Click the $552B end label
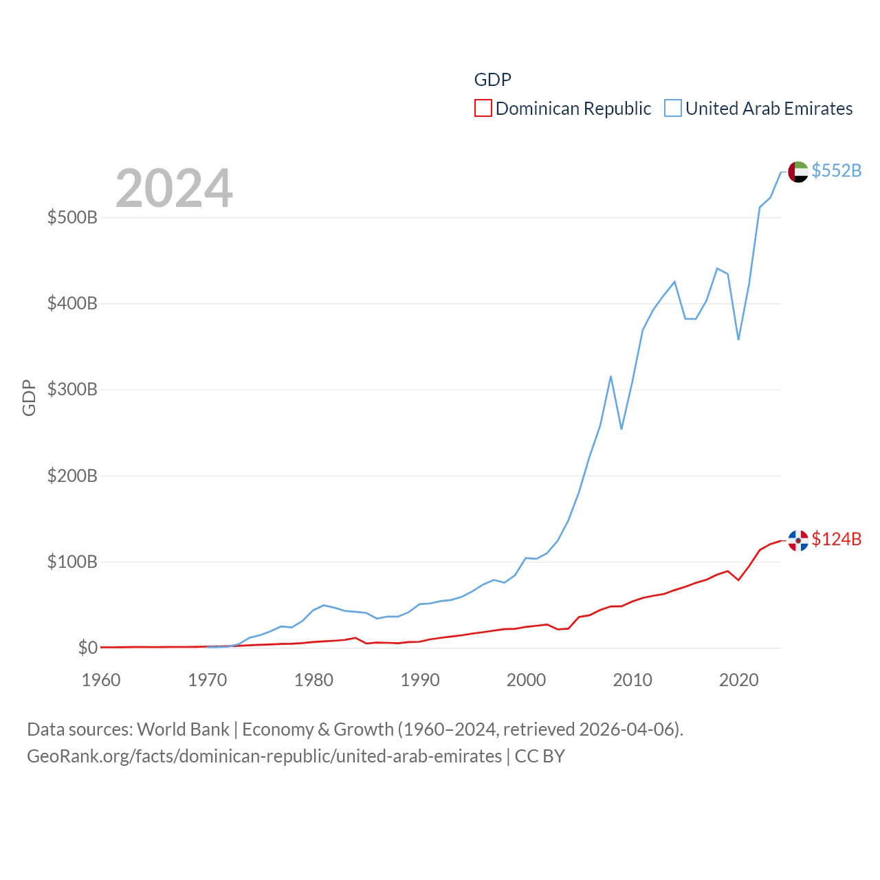point(836,170)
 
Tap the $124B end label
point(836,539)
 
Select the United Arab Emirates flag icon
point(797,172)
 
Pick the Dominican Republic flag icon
point(797,540)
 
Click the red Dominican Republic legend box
point(483,109)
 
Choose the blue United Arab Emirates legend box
point(673,109)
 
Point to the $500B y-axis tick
point(72,218)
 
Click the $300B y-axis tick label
point(72,390)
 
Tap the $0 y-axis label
point(87,648)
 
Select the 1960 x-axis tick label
point(101,680)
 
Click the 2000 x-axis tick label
point(526,680)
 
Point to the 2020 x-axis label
point(738,680)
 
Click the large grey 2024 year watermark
point(174,188)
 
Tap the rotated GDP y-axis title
point(29,397)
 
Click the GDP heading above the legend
point(492,80)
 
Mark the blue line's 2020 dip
point(738,340)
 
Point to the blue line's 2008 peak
point(610,377)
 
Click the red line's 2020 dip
point(738,580)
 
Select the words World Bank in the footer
point(183,729)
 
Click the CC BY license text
point(540,756)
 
